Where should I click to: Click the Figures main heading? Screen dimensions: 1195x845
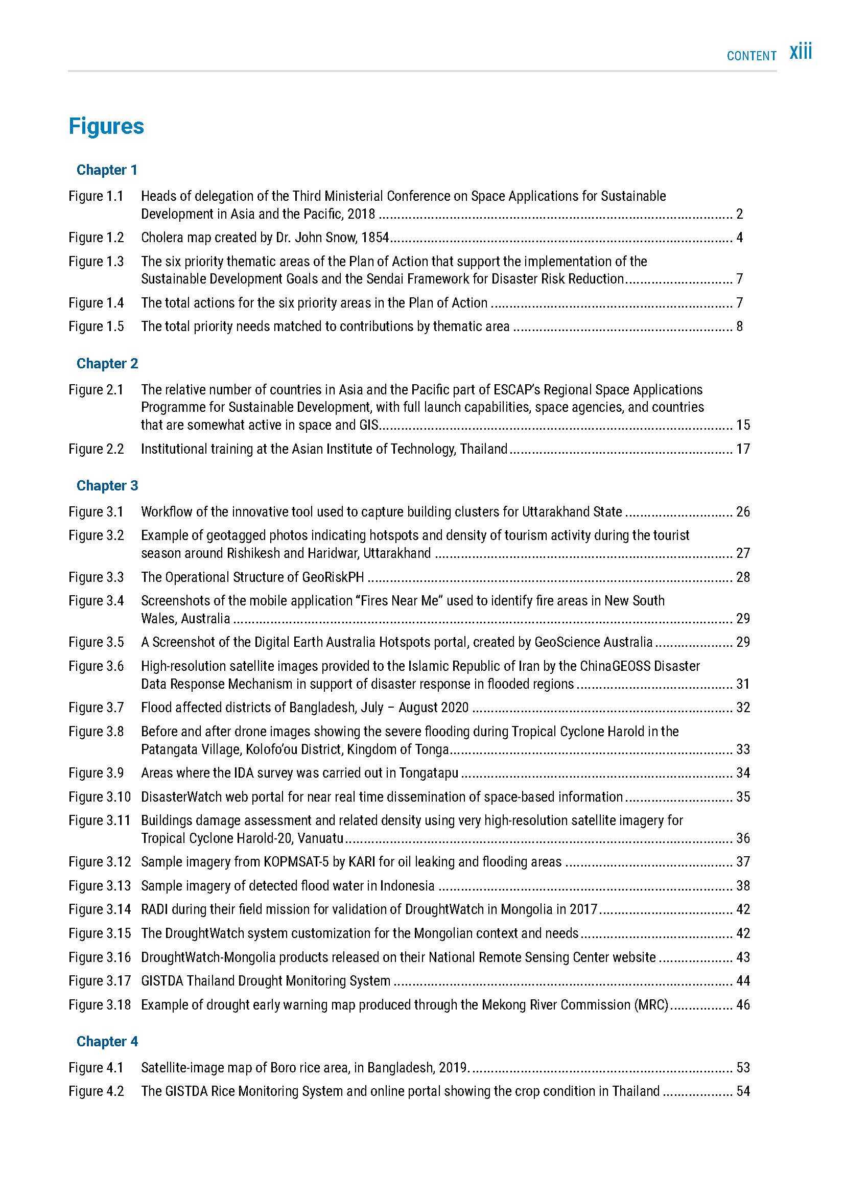[x=106, y=127]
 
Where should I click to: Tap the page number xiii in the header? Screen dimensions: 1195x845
[x=800, y=53]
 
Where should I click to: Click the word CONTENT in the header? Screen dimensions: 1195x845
[x=752, y=56]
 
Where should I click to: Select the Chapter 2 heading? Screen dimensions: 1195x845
[x=107, y=363]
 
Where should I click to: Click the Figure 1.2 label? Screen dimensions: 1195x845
[x=96, y=238]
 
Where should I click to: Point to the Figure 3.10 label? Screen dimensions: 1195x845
[x=100, y=797]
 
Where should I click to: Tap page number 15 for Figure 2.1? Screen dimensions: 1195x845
[x=743, y=425]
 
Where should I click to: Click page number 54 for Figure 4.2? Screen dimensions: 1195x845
[x=743, y=1091]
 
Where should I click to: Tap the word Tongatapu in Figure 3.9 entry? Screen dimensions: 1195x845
[x=429, y=773]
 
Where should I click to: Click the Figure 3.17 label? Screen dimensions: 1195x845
[x=100, y=981]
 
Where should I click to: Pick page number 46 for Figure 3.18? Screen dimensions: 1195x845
[x=743, y=1005]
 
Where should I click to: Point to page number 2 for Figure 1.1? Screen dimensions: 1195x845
[x=739, y=215]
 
